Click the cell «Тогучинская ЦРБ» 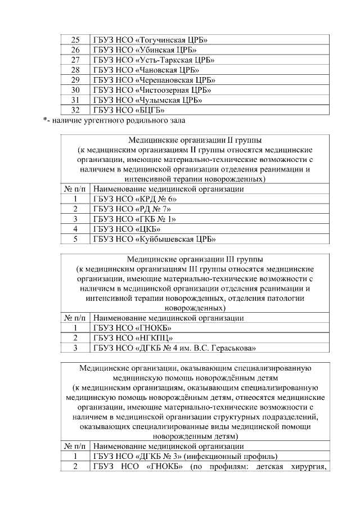coord(151,40)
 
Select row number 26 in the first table coord(76,50)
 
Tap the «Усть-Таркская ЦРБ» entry coord(154,60)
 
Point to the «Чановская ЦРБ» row coord(146,70)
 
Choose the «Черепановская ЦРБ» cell coord(154,80)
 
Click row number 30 coord(76,90)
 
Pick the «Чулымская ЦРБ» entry coord(148,100)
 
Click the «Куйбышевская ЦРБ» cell coord(154,240)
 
